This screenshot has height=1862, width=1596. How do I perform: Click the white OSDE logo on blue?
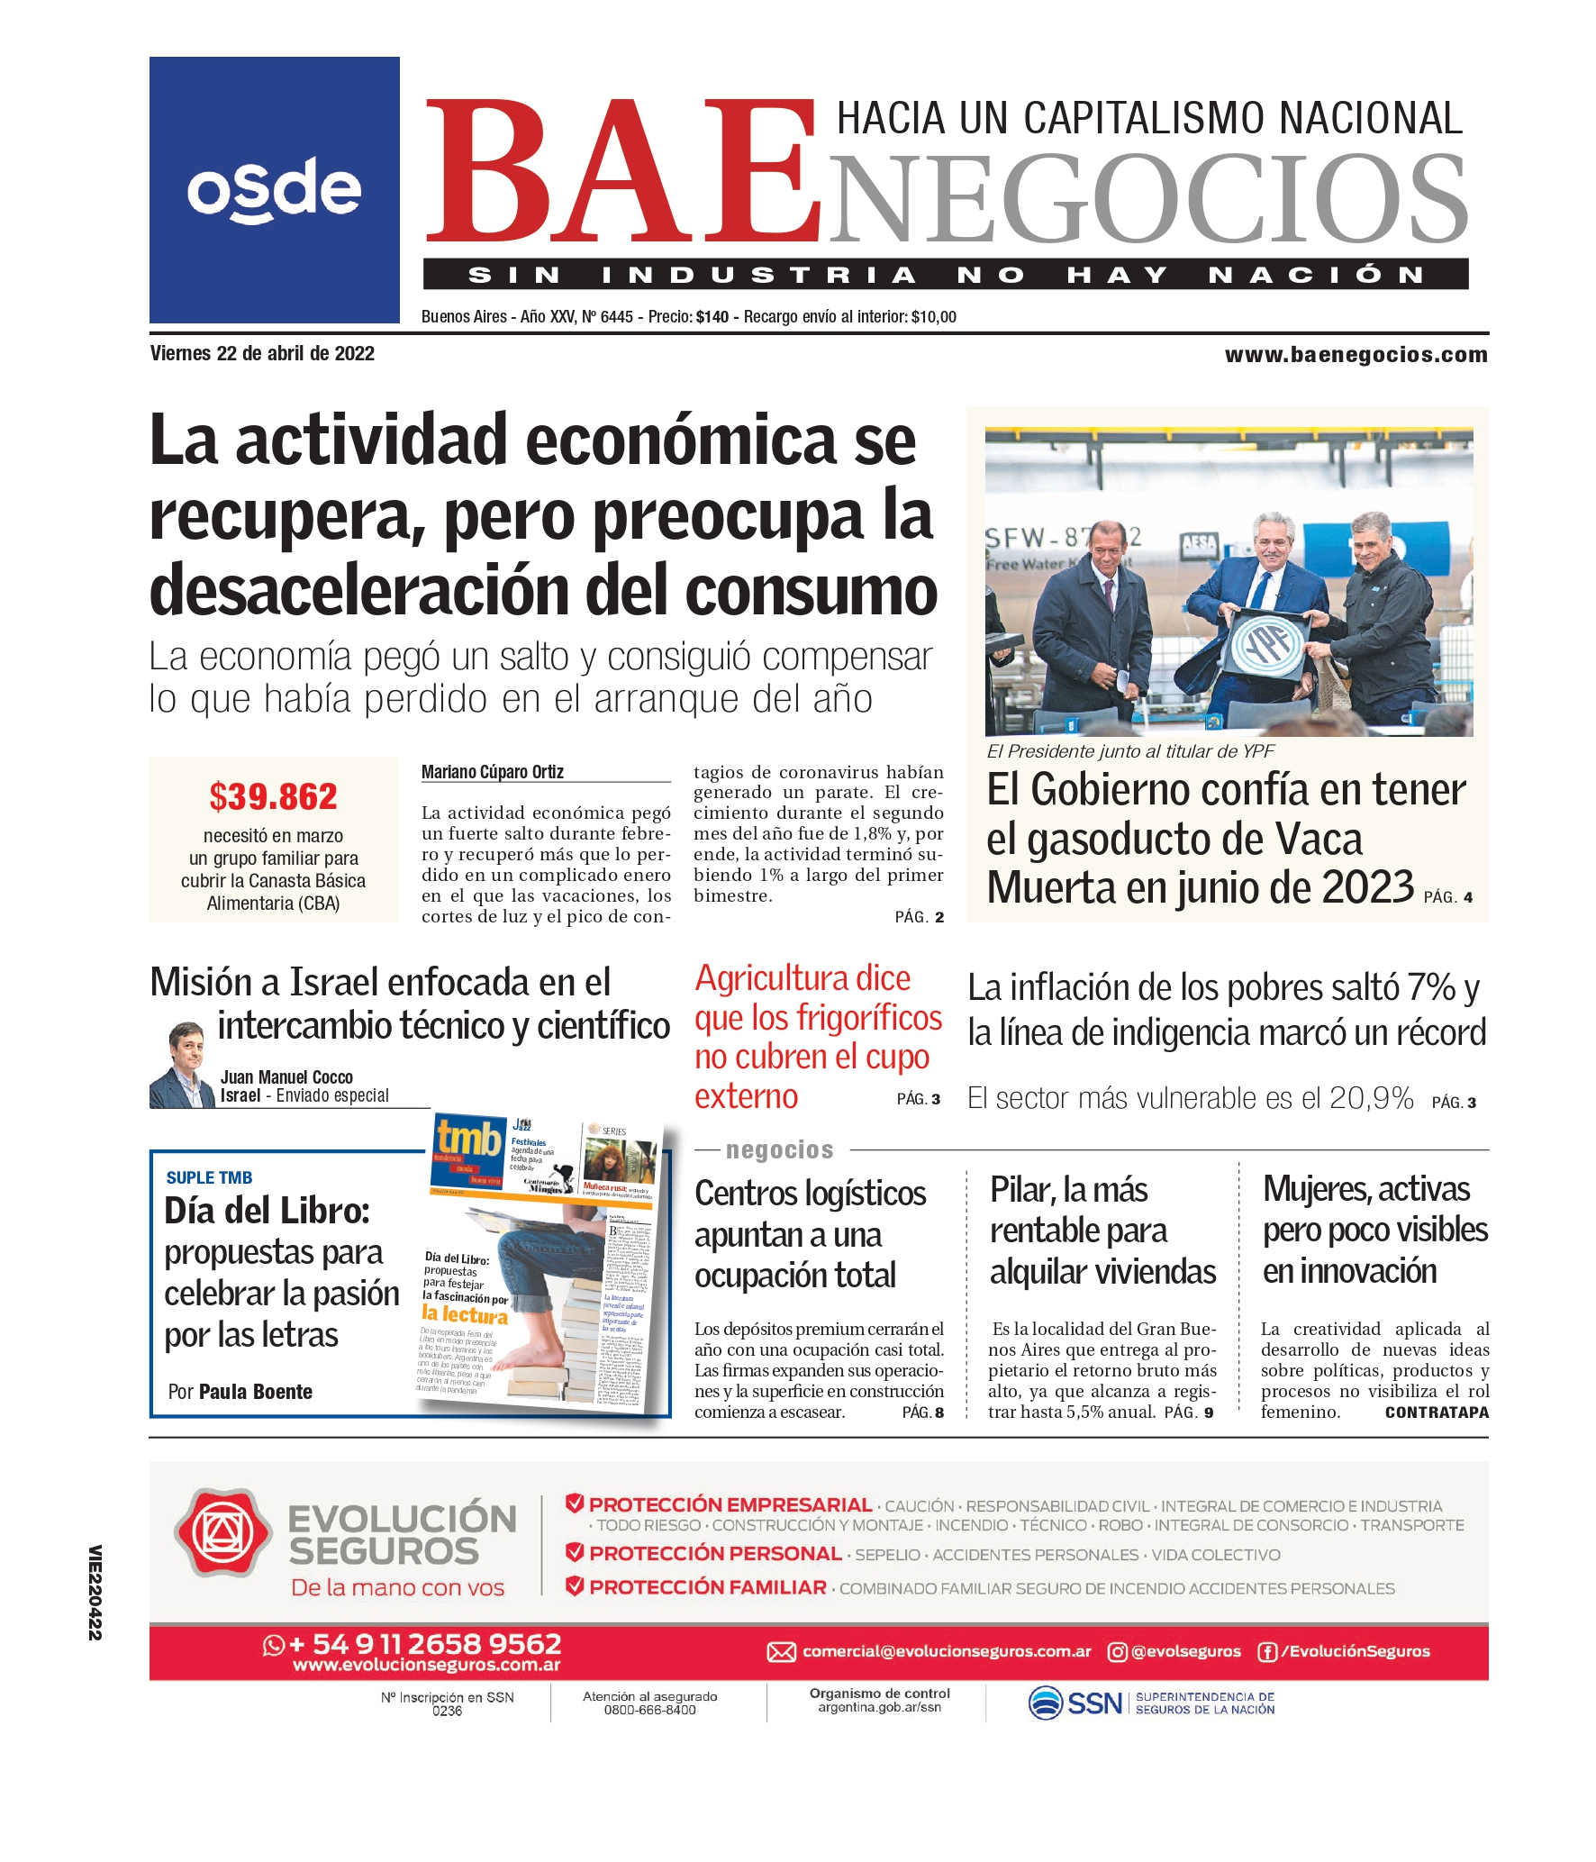coord(274,190)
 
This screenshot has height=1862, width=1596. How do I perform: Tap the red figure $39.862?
coord(273,796)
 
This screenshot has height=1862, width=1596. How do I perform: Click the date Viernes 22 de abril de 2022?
coord(262,353)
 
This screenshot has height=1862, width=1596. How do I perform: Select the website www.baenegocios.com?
coord(1356,355)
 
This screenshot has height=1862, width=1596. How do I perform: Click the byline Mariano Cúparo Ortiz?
coord(493,772)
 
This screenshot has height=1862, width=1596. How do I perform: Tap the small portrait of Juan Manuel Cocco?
coord(183,1065)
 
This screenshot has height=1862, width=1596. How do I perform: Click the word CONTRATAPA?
coord(1437,1412)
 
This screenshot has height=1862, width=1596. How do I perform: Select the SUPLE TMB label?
coord(209,1177)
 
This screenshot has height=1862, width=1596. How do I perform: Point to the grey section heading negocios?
coord(779,1150)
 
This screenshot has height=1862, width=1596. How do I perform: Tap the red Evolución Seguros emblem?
coord(223,1532)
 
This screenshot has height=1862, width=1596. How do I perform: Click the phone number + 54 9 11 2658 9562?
coord(424,1644)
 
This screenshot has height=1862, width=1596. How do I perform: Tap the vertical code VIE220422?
coord(95,1593)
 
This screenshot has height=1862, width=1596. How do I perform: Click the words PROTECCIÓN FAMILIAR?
coord(707,1587)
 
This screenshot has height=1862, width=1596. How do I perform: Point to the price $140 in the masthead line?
coord(712,317)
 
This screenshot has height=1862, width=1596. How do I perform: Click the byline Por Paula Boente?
coord(240,1392)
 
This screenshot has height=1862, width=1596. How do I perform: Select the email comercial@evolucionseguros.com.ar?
coord(946,1651)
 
